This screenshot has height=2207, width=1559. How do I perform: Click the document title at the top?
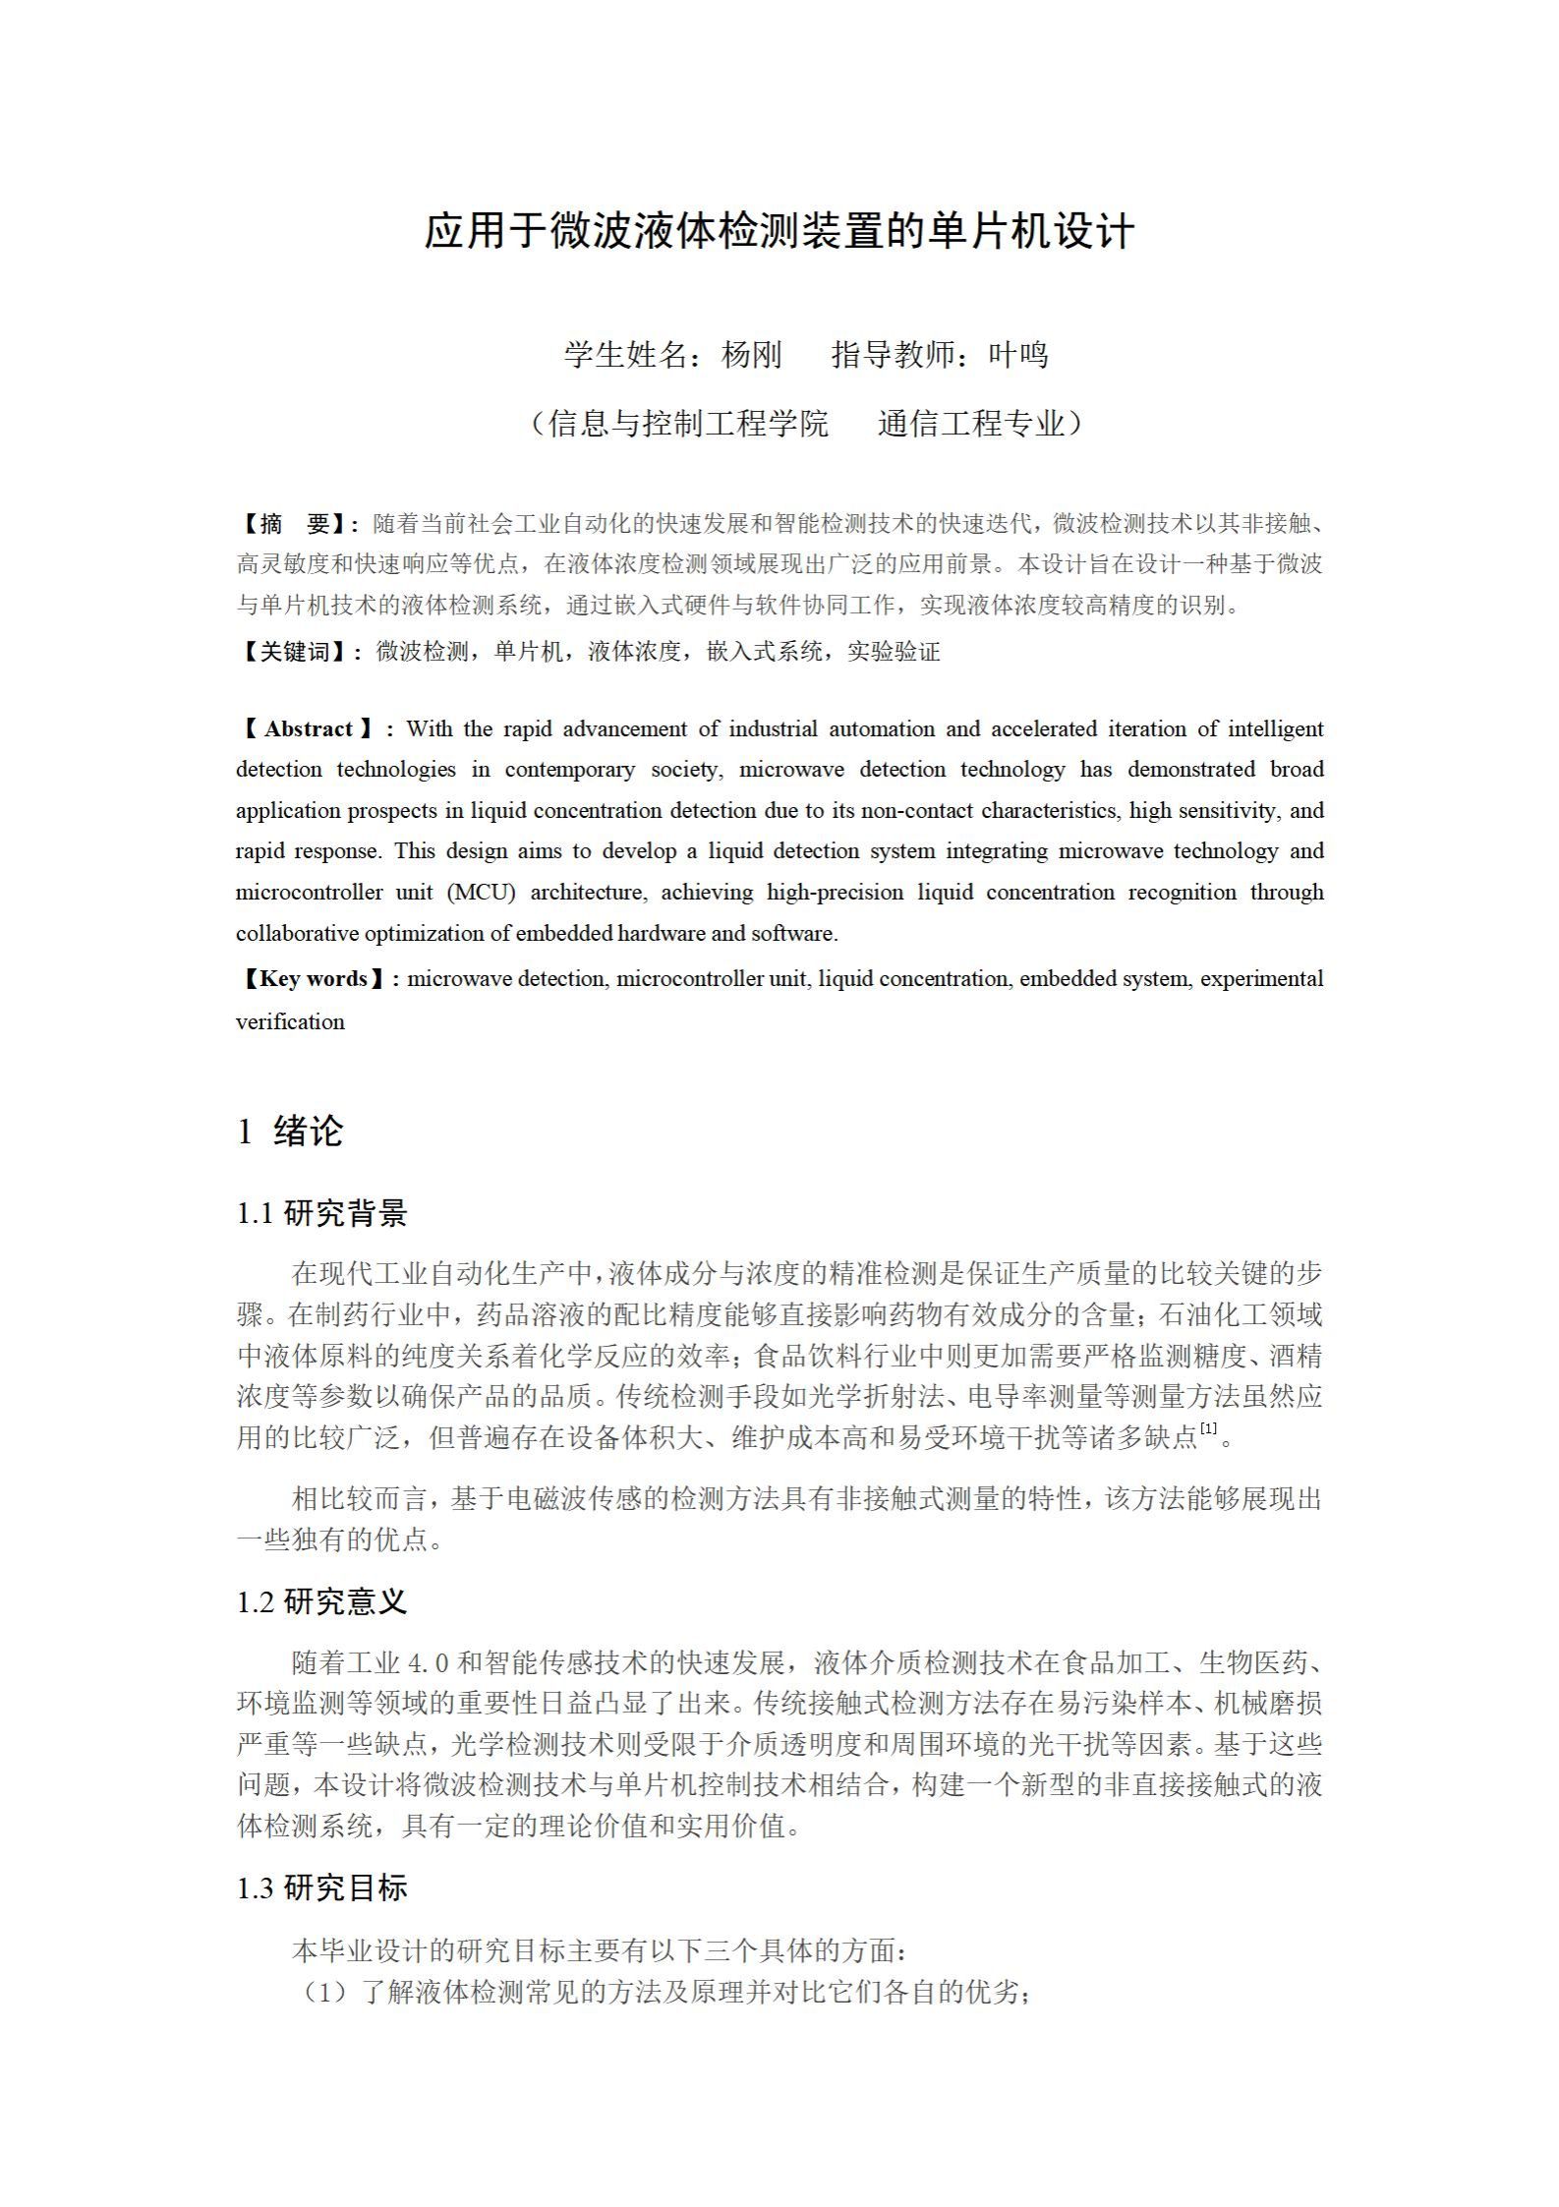click(x=779, y=232)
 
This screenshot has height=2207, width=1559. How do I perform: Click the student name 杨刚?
click(x=751, y=355)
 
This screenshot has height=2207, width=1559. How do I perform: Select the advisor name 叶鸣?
click(x=1017, y=355)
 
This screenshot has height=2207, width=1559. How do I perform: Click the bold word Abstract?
click(x=308, y=729)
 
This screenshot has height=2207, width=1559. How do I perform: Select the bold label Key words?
click(x=313, y=979)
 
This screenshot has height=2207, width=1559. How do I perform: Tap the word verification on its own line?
click(x=290, y=1022)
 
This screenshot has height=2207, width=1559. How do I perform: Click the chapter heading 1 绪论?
click(x=290, y=1132)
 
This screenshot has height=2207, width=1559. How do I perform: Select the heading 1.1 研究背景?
click(x=321, y=1214)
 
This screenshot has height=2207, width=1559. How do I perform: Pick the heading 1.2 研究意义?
click(x=321, y=1602)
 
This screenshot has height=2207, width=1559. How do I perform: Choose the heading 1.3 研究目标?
click(x=321, y=1888)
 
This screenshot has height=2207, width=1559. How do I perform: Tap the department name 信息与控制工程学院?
click(x=688, y=424)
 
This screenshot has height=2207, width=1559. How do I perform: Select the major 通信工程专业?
click(x=971, y=424)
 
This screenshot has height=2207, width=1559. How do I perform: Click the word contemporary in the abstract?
click(x=570, y=770)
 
